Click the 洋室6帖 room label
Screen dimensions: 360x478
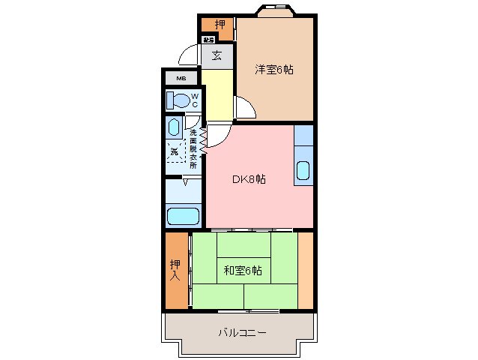(273, 70)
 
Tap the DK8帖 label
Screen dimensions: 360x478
(248, 179)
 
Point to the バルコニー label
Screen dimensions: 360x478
(242, 331)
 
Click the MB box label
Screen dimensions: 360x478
(181, 78)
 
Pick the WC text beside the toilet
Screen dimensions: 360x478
(193, 100)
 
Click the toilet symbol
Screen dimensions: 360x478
(178, 100)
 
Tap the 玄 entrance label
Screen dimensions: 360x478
(216, 55)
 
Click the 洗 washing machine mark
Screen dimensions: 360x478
(175, 151)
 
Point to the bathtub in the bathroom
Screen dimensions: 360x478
(183, 216)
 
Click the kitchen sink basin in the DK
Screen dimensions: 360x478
(303, 172)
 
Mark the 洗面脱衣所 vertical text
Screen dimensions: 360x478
(193, 148)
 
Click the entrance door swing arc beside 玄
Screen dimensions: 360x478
(189, 56)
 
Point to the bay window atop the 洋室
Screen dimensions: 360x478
(275, 11)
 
